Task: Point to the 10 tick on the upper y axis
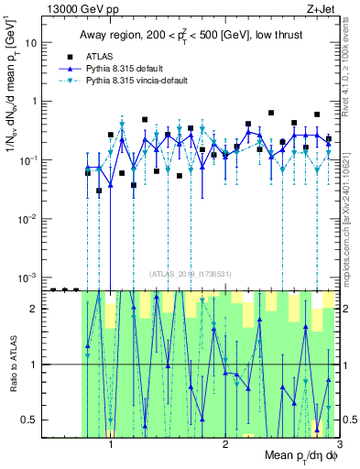click(33, 42)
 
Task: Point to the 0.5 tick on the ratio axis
click(31, 420)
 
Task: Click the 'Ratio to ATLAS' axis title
click(11, 364)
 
